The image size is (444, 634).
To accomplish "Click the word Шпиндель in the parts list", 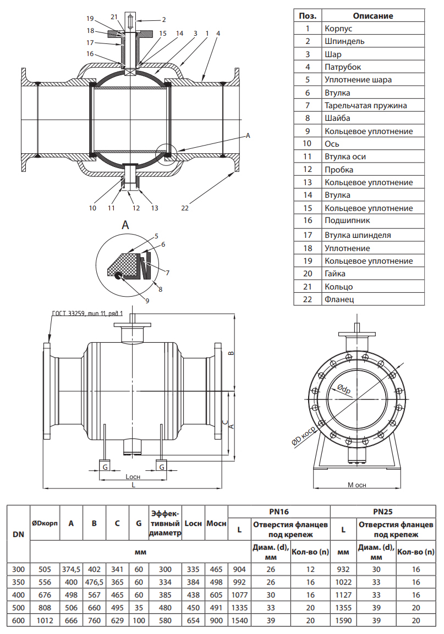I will pos(344,41).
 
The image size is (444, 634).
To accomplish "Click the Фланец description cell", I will pos(339,299).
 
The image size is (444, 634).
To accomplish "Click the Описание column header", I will pos(372,16).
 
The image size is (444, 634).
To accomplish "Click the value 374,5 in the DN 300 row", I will pos(71,569).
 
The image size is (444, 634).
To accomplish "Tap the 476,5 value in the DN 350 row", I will pos(94,582).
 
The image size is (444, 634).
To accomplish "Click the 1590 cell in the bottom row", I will pos(343,620).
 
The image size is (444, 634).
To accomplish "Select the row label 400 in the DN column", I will pos(18,594).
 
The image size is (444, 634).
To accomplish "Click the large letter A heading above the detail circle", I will pos(125,225).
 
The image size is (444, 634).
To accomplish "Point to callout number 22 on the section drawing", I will pos(185,208).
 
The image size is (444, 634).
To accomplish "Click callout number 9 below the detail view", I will pos(147,300).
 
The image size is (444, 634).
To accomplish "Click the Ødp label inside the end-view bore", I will pos(344,389).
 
